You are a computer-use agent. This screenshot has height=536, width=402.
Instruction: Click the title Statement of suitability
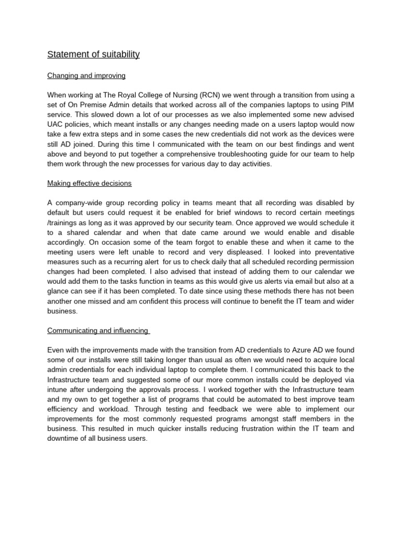pos(93,54)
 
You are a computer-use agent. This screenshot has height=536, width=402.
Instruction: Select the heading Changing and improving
pos(86,76)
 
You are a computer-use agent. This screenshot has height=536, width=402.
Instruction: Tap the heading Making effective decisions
pos(90,183)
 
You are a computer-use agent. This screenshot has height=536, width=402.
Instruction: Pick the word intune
pos(57,389)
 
